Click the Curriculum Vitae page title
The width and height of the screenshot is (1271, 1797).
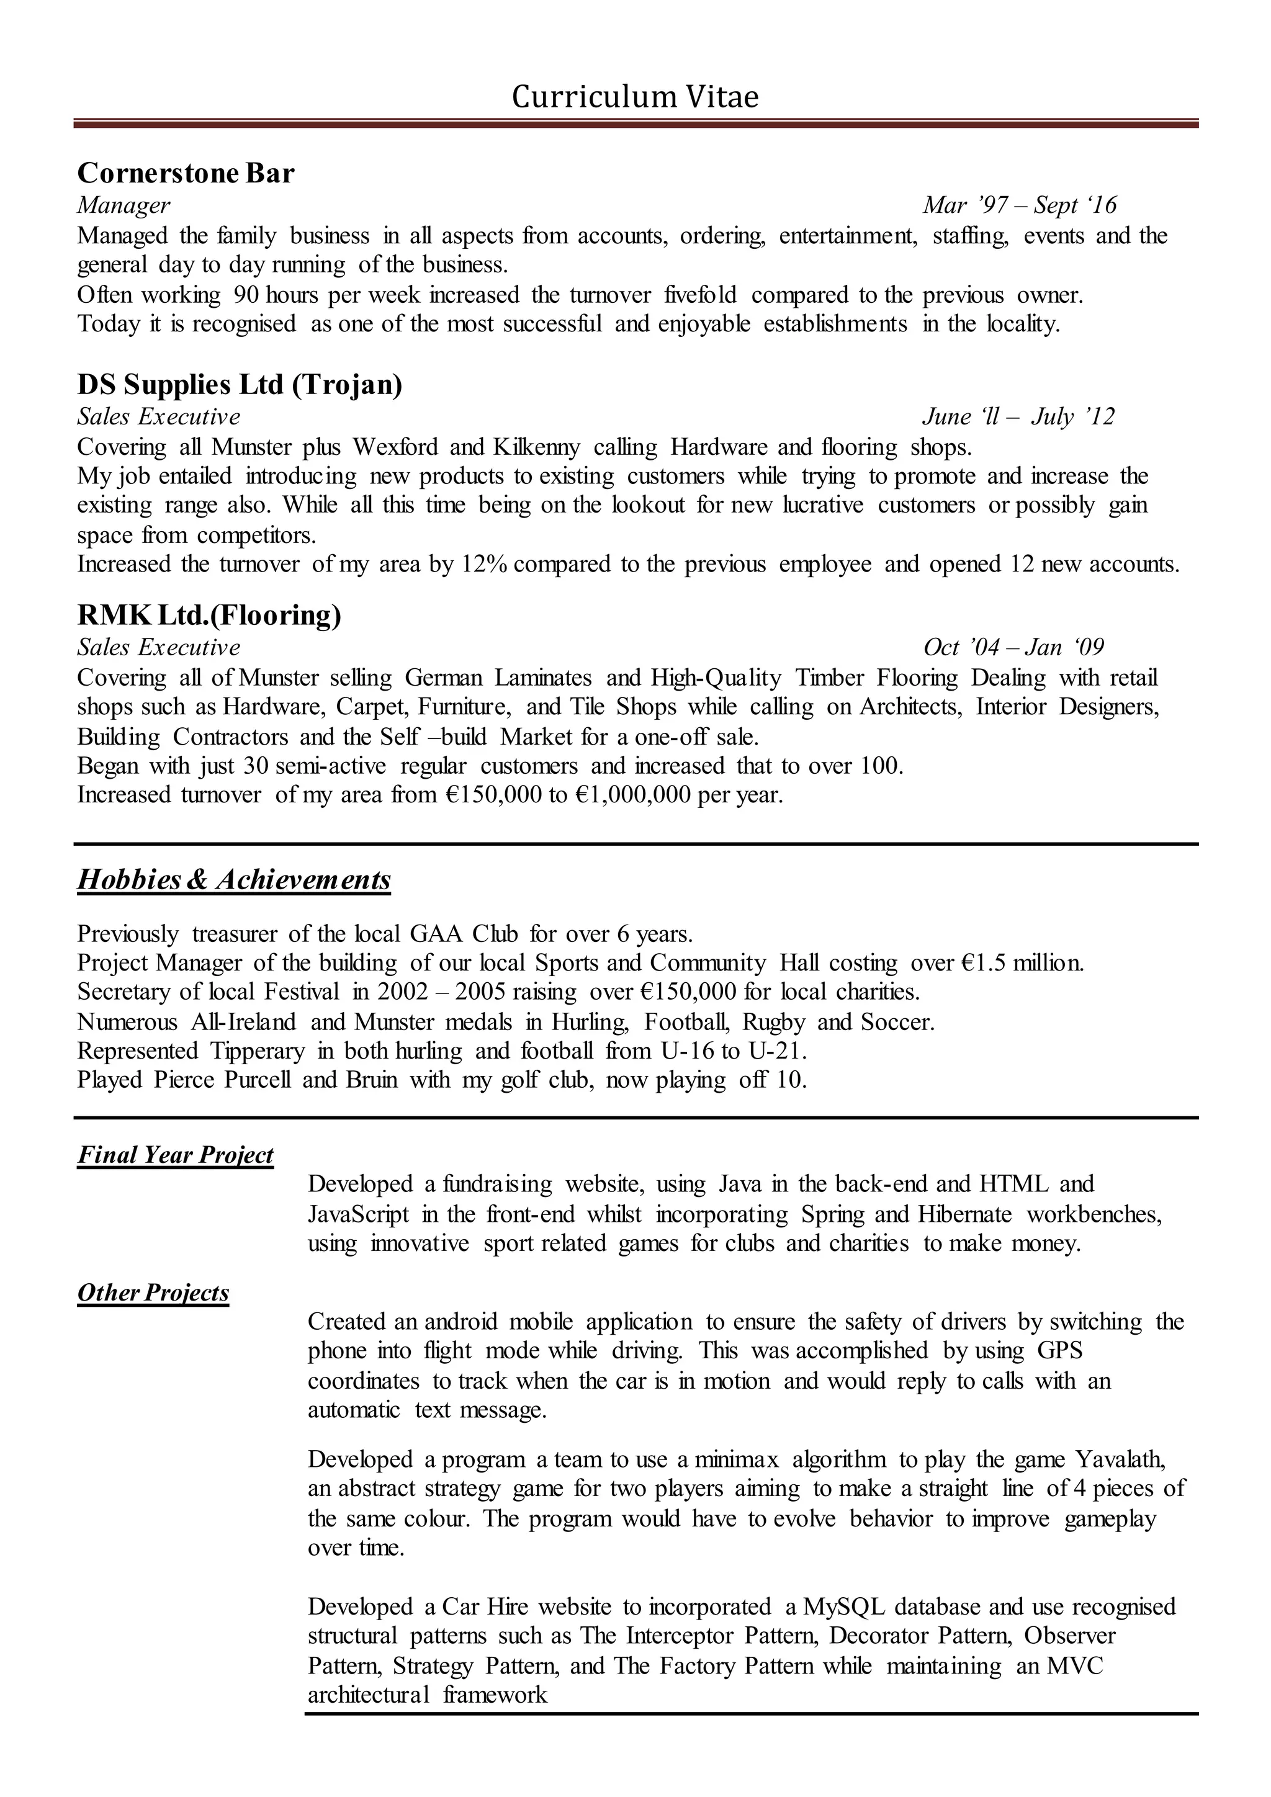pyautogui.click(x=635, y=97)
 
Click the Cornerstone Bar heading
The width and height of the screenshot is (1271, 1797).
pyautogui.click(x=186, y=173)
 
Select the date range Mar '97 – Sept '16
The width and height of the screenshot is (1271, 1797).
pyautogui.click(x=1019, y=205)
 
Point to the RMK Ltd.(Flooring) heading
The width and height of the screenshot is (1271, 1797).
pyautogui.click(x=209, y=615)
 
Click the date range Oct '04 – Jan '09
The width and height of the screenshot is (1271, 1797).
pyautogui.click(x=1013, y=647)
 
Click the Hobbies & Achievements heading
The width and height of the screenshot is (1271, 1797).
pyautogui.click(x=234, y=880)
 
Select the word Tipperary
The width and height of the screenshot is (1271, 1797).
pyautogui.click(x=257, y=1051)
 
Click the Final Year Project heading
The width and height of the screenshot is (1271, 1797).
pyautogui.click(x=175, y=1155)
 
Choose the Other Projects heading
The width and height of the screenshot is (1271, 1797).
pyautogui.click(x=153, y=1293)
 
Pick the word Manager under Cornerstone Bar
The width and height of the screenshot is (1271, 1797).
pyautogui.click(x=124, y=205)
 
